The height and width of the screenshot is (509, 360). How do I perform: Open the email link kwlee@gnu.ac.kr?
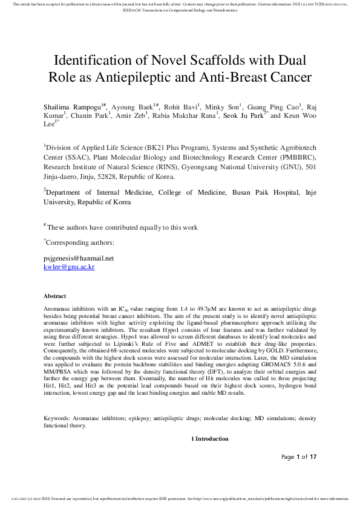pos(69,266)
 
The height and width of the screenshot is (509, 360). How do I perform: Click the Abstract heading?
pos(56,296)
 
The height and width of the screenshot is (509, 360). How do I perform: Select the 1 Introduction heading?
pos(210,438)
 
